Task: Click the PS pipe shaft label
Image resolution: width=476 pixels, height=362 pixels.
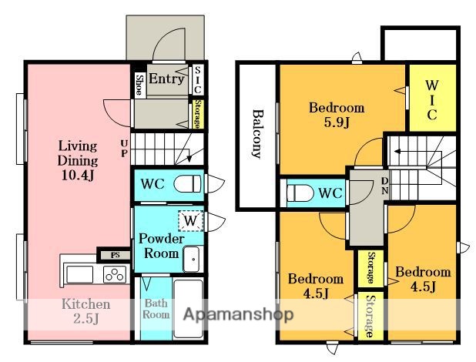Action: [115, 255]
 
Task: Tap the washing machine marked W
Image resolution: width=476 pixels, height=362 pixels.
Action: [191, 221]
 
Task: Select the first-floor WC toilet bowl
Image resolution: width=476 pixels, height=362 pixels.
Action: [187, 183]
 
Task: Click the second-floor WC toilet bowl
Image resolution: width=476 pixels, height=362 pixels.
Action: [300, 193]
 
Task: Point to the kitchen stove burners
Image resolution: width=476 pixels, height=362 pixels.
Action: [115, 274]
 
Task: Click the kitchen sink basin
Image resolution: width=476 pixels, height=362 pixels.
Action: [80, 274]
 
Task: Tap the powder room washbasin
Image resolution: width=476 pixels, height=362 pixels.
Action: [192, 259]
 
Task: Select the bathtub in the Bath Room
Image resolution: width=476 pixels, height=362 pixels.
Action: [189, 309]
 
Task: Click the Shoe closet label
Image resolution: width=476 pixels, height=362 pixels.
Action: [139, 85]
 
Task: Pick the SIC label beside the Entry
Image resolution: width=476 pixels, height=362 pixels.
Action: [197, 80]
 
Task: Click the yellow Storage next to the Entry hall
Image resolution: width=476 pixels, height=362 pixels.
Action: [196, 114]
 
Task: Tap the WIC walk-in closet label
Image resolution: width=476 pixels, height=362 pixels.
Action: [431, 100]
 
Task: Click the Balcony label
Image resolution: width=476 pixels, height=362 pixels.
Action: [257, 133]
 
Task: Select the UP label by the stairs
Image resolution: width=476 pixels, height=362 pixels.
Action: [124, 149]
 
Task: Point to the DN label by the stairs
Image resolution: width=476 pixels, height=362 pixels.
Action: [384, 186]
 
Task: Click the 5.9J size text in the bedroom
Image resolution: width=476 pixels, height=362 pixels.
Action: [337, 122]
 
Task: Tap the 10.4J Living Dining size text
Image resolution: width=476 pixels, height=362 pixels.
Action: [78, 176]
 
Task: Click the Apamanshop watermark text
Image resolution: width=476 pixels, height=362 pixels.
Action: [238, 314]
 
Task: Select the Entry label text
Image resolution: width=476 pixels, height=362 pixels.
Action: [166, 79]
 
